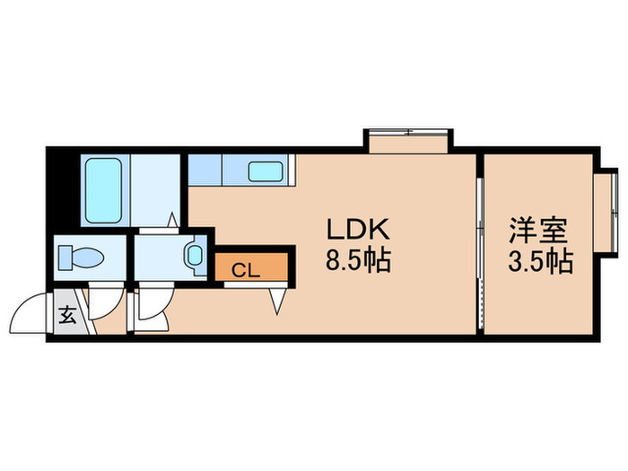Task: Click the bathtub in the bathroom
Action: coord(105,191)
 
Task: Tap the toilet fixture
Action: coord(82,258)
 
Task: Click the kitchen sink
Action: coord(266,170)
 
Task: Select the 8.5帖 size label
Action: coord(357,261)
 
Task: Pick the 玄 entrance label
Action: coord(68,315)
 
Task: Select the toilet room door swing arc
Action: coord(100,304)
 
